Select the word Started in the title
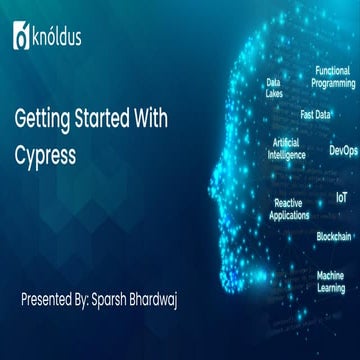coord(102,119)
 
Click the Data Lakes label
coord(273,89)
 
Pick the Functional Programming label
coord(332,78)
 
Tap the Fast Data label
coord(316,114)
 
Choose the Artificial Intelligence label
coord(288,150)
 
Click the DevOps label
coord(342,151)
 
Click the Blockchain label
coord(333,237)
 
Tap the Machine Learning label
coord(330,280)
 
